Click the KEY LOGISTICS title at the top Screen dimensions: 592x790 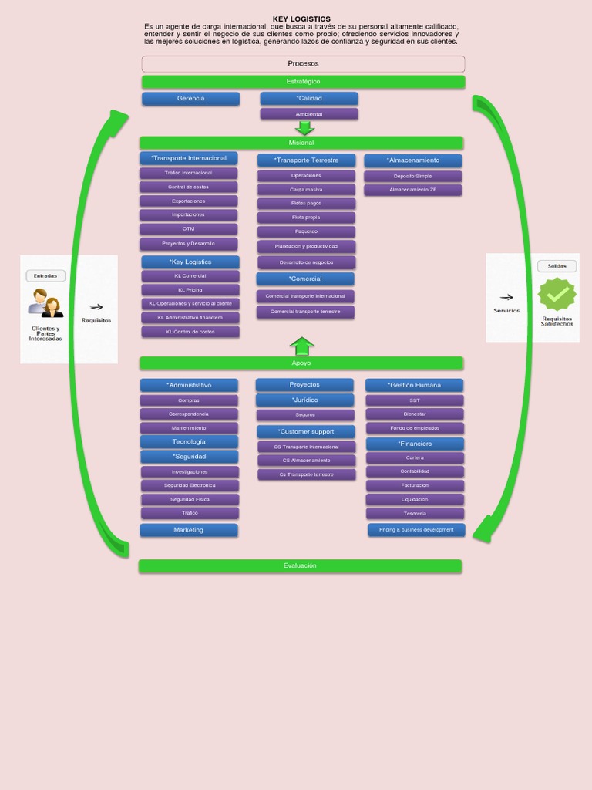click(301, 19)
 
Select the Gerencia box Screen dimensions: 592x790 click(190, 99)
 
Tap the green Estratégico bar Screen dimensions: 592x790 click(303, 82)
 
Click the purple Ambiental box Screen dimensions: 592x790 click(309, 114)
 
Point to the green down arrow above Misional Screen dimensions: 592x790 click(305, 128)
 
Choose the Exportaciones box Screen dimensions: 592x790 click(189, 201)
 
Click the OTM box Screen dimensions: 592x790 click(189, 229)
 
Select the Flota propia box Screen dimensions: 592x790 click(306, 218)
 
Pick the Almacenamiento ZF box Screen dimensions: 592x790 click(412, 190)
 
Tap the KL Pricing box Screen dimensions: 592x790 click(190, 290)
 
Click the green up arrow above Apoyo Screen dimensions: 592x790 click(302, 346)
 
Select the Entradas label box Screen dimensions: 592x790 click(45, 275)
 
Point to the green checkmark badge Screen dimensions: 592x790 click(557, 294)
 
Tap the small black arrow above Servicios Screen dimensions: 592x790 click(506, 297)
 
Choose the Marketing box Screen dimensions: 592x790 click(189, 530)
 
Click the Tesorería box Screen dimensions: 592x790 click(415, 514)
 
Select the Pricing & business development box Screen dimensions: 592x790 click(416, 530)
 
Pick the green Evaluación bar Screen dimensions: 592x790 click(300, 566)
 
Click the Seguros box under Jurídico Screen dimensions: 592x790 click(305, 415)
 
